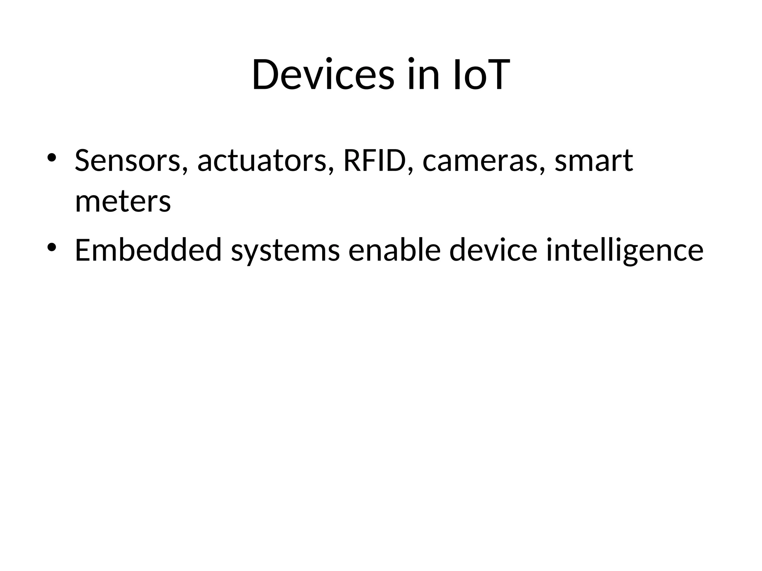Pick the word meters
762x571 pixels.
123,202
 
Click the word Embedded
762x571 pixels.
148,250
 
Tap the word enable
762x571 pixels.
394,250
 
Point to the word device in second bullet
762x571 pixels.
493,250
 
